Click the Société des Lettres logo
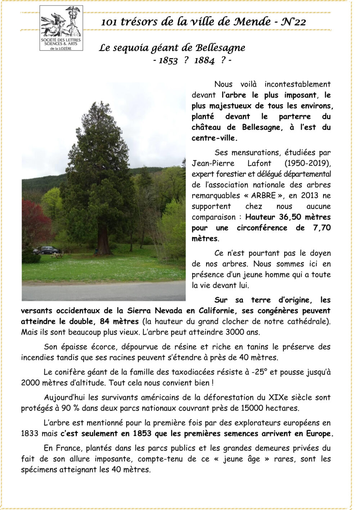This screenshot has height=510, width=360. (61, 28)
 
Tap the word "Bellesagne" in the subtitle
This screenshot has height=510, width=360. (220, 48)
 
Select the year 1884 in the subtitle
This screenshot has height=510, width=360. (204, 60)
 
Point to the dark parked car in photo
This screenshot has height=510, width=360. (48, 250)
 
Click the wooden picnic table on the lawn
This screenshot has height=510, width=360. (57, 255)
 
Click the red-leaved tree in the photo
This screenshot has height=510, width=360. (34, 219)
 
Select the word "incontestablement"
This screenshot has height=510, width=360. (297, 85)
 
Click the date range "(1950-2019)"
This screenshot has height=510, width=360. (307, 163)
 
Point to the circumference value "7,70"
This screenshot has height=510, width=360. (322, 228)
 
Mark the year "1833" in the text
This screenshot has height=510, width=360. (30, 434)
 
